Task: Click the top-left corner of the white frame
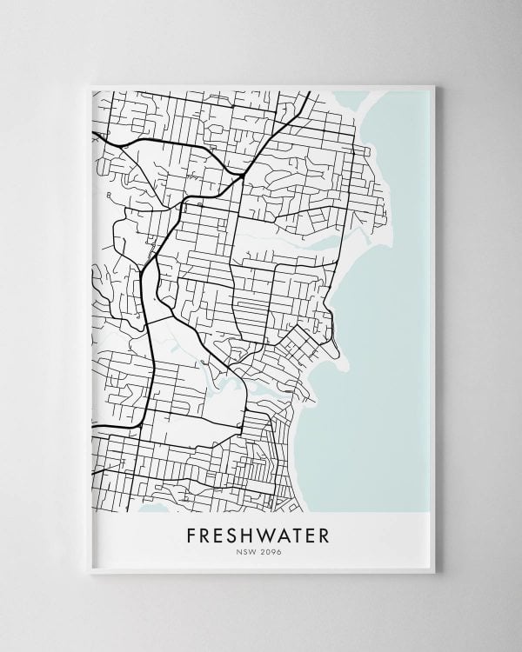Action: click(x=91, y=85)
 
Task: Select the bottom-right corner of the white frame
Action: click(x=433, y=571)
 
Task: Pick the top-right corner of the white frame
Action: click(x=433, y=85)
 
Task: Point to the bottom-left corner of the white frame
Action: click(x=91, y=571)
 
